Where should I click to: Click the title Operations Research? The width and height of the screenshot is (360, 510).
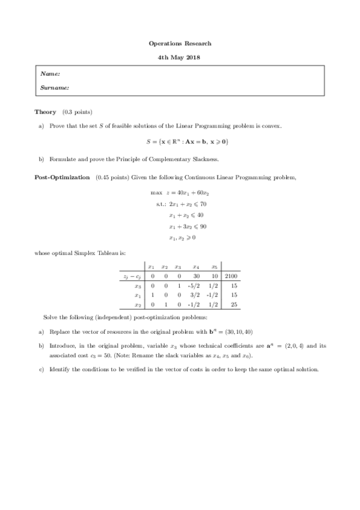tap(180, 43)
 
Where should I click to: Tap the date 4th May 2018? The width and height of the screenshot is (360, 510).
tap(180, 57)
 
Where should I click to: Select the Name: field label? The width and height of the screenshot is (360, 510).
tap(49, 74)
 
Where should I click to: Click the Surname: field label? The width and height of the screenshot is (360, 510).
tap(54, 87)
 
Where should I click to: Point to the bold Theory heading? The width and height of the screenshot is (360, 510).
tap(45, 112)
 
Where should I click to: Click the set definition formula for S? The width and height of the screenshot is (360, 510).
tap(180, 143)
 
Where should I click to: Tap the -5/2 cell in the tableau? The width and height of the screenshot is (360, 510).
tap(195, 286)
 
